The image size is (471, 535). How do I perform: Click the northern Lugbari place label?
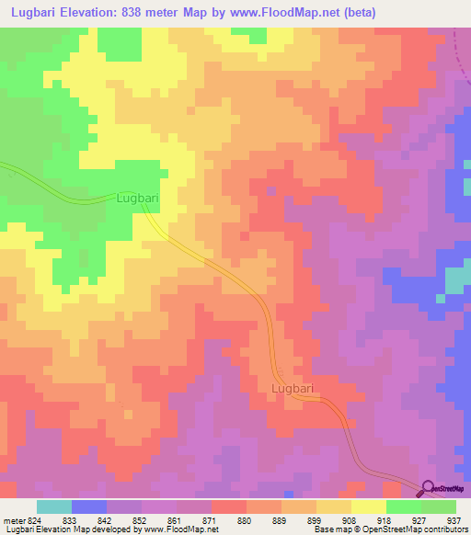point(138,198)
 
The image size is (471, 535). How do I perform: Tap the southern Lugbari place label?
point(293,389)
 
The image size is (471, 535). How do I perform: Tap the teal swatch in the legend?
point(54,507)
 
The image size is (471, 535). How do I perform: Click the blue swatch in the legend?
point(89,507)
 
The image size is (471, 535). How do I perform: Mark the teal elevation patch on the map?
point(455,280)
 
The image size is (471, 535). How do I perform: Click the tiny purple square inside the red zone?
point(270,191)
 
